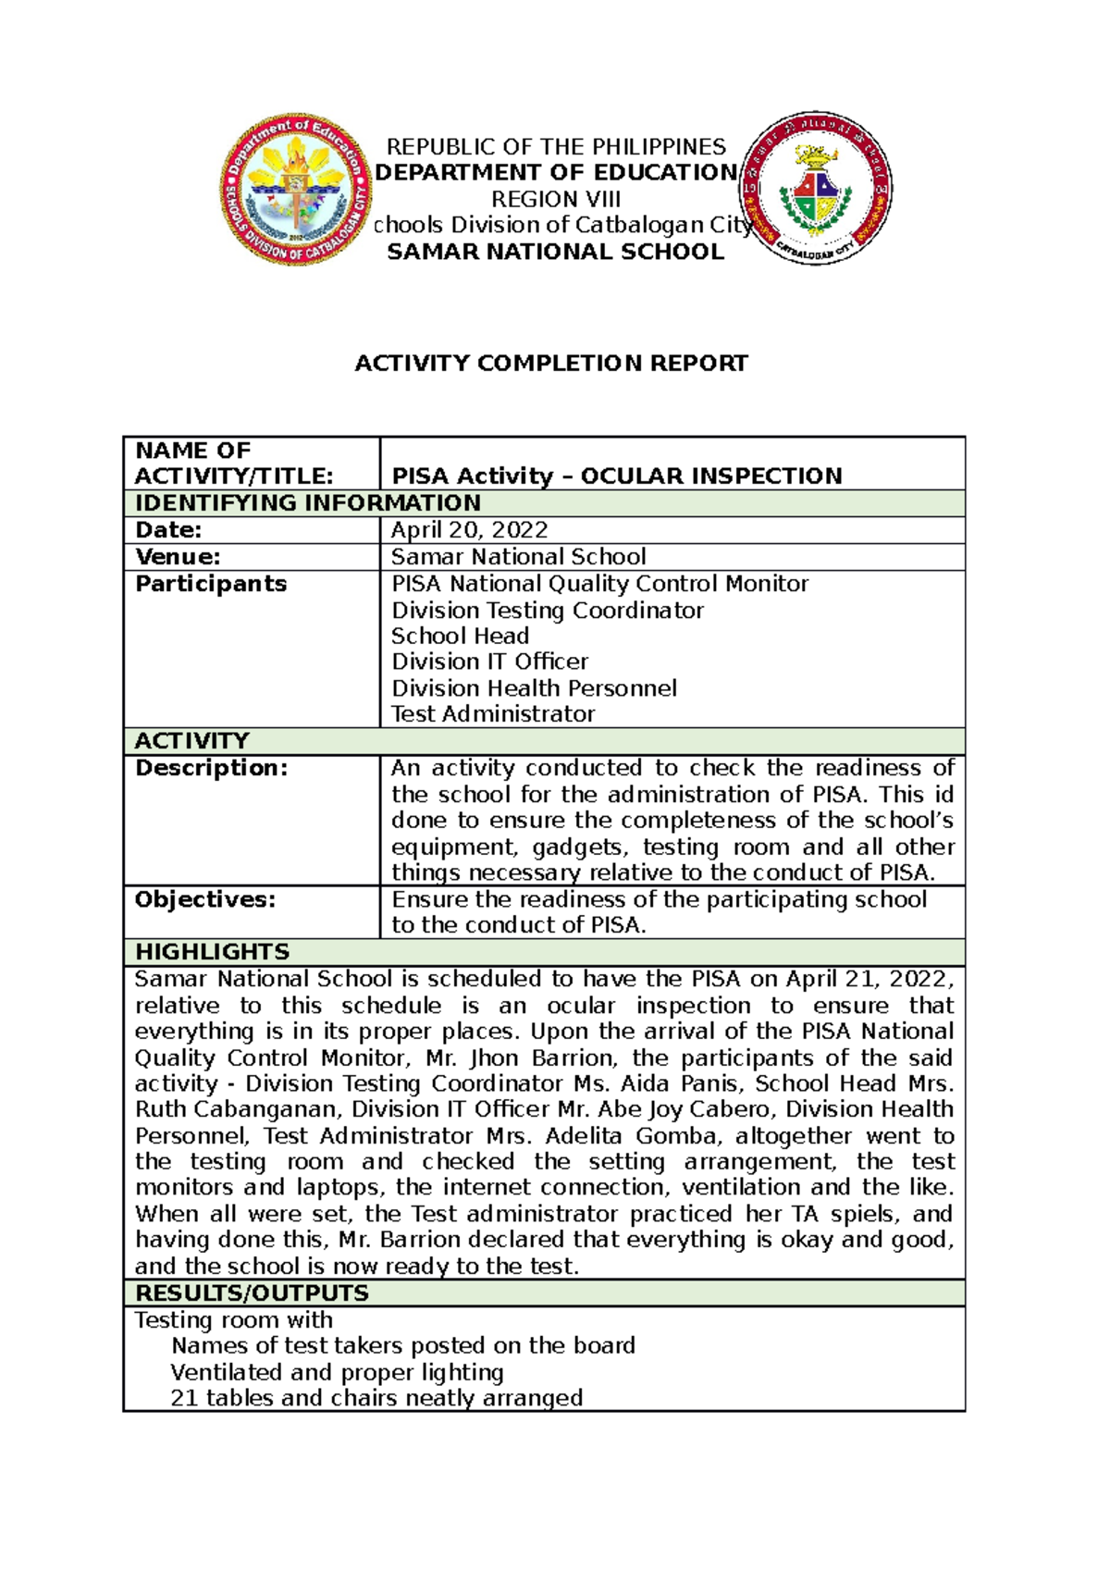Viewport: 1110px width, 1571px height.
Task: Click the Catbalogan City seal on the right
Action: pos(815,189)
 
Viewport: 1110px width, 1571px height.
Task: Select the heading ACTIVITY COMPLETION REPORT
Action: pos(551,364)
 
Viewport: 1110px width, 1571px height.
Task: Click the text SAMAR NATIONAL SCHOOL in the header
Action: pos(555,252)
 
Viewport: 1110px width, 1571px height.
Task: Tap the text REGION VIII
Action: pos(555,199)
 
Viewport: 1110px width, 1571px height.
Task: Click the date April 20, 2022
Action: pos(469,530)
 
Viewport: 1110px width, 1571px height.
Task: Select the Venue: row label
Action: pos(178,557)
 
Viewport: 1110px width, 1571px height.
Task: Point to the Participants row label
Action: pos(211,584)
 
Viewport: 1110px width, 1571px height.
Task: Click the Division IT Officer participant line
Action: pos(489,662)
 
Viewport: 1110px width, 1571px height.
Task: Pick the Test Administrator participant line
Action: pos(493,714)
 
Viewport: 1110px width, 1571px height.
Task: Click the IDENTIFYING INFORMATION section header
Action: pos(307,503)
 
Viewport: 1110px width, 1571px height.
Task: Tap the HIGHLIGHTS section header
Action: pos(212,952)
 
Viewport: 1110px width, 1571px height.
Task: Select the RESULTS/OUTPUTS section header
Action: pos(252,1293)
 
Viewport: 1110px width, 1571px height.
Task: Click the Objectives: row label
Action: pos(205,899)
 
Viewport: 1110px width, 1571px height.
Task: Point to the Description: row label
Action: pos(211,768)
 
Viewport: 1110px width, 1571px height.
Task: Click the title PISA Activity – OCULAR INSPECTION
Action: pos(617,476)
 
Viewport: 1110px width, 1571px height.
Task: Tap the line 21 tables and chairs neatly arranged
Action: pos(376,1398)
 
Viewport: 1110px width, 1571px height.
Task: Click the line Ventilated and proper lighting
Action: pos(337,1372)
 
